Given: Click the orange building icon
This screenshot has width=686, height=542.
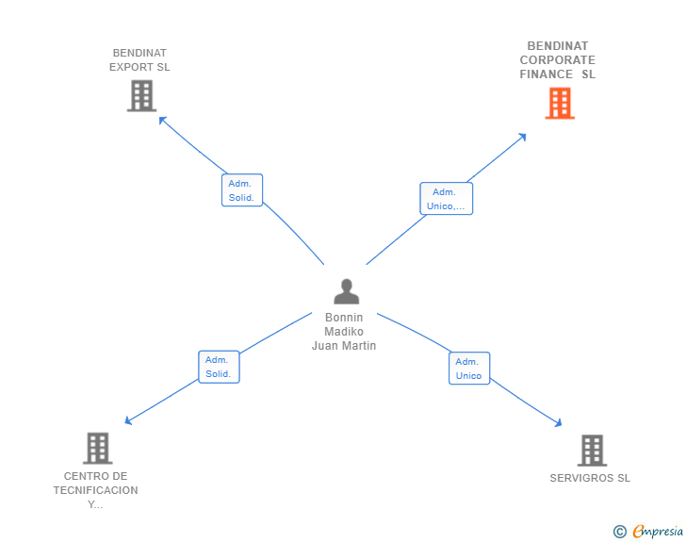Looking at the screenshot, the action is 560,104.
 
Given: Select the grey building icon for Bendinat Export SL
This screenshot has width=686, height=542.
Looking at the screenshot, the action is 141,95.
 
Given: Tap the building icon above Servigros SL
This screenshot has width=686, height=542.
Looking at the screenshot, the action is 592,450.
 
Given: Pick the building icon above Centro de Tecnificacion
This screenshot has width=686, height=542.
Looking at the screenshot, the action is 98,449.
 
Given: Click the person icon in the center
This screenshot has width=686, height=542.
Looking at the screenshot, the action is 347,291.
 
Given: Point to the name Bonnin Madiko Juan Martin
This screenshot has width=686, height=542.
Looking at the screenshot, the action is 344,332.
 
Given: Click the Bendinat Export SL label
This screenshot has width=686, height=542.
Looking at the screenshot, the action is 139,60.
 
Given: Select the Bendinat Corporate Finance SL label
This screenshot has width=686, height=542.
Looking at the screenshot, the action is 558,60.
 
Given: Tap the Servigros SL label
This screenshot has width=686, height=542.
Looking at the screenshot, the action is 590,478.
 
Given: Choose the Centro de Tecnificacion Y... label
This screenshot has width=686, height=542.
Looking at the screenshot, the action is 95,490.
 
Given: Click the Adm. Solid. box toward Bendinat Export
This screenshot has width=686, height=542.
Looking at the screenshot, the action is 242,190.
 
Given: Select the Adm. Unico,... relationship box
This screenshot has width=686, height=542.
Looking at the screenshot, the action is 447,198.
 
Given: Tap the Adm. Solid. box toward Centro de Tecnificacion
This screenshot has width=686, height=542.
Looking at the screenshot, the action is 219,367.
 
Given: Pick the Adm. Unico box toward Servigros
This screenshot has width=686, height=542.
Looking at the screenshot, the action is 469,369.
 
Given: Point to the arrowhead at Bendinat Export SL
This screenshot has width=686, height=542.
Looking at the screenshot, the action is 162,120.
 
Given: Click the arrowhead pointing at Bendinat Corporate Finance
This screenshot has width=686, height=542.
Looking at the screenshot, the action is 522,137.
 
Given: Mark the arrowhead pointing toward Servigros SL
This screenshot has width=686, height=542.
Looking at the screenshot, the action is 558,423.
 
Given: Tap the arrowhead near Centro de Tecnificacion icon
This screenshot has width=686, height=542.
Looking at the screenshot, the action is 128,421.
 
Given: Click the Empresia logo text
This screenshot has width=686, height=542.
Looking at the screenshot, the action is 658,531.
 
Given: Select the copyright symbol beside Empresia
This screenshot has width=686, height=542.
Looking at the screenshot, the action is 619,532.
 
